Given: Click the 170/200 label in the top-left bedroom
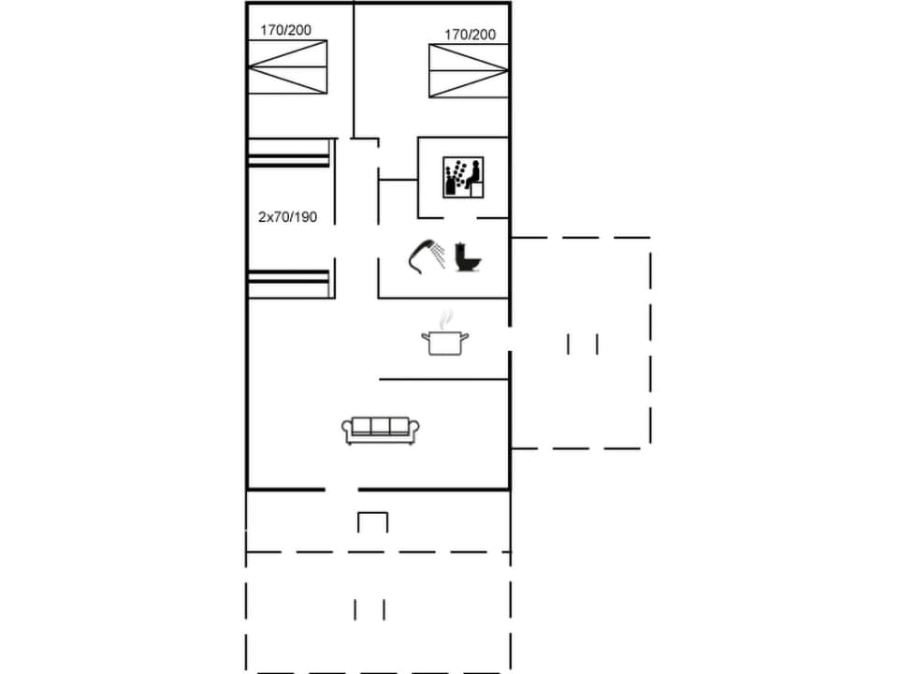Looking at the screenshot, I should tap(286, 30).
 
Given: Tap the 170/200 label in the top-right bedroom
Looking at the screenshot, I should tap(470, 35).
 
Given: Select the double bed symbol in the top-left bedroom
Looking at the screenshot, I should tap(287, 67).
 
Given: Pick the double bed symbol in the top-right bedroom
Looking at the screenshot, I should tap(469, 70).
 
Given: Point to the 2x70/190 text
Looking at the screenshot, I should tap(287, 217).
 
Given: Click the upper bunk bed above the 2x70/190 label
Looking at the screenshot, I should tap(289, 153).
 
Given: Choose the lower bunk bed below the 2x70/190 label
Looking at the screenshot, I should tap(289, 283).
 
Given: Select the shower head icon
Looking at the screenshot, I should tap(427, 255).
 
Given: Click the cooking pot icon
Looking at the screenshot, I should tap(444, 342).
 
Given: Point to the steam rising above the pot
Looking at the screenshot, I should tap(446, 316).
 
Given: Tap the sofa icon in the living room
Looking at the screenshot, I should tap(381, 430).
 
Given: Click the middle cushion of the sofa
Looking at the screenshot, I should tap(381, 427).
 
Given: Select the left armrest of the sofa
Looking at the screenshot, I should tap(347, 431).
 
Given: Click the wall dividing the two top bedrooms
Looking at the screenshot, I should tap(354, 70).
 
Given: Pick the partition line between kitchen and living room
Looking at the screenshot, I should tap(443, 379).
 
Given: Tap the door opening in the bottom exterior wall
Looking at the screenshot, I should tap(341, 489).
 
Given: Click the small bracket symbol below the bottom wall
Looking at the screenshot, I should tap(372, 521).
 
